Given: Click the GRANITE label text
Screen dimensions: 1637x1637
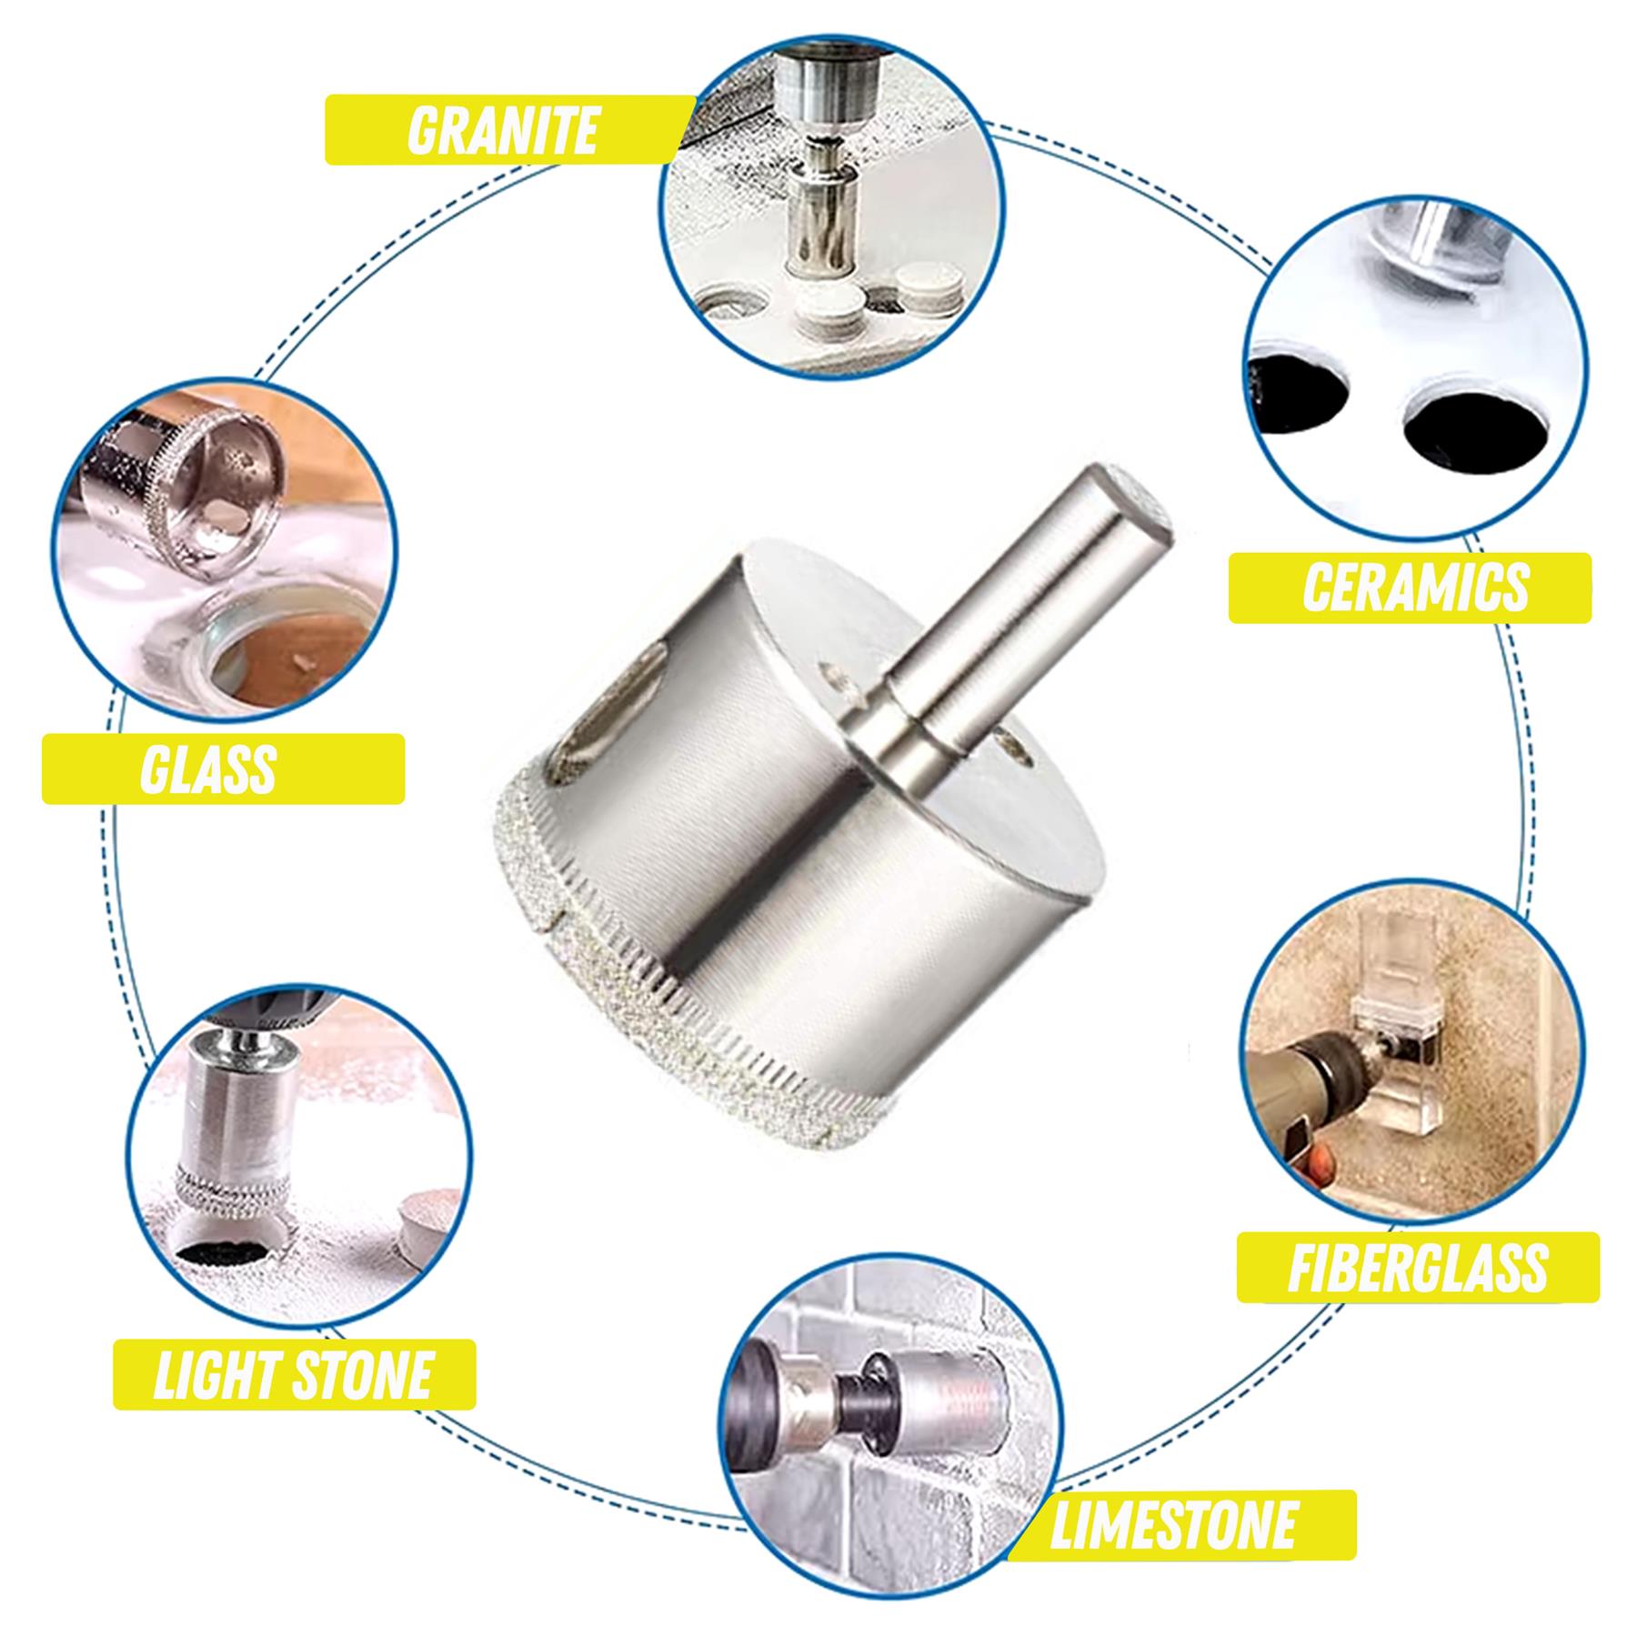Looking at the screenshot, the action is pos(502,130).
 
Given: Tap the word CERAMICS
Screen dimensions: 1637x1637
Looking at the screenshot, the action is pos(1416,588).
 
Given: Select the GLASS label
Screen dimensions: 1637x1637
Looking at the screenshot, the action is pos(208,768).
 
